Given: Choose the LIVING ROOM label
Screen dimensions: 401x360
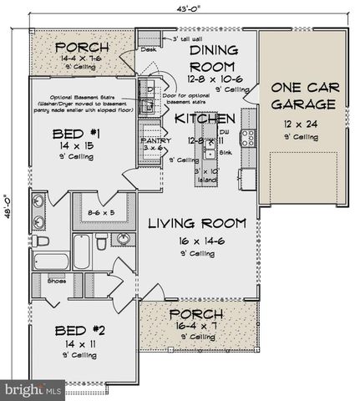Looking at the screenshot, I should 197,223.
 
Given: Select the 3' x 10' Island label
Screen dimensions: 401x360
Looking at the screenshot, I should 206,175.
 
